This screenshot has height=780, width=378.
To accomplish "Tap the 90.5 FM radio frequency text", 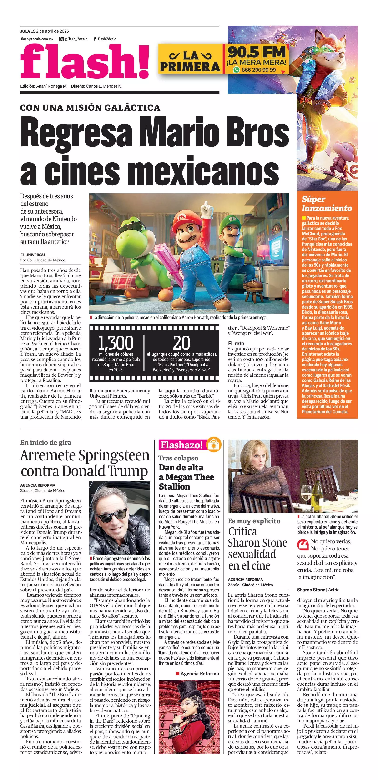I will click(x=257, y=52).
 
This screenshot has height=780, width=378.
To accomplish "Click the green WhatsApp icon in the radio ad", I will click(x=236, y=70).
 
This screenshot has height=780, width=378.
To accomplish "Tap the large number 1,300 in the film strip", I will click(x=116, y=343).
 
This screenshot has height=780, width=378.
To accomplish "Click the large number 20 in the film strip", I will click(x=181, y=343).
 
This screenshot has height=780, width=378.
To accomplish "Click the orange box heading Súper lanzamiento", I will click(x=327, y=204).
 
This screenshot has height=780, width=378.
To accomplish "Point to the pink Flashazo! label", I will click(x=181, y=445).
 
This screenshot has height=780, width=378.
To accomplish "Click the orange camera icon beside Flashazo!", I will click(x=214, y=445).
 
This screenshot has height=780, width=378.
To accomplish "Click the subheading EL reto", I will click(x=236, y=343).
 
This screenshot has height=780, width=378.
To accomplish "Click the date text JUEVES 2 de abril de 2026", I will click(x=45, y=31).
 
